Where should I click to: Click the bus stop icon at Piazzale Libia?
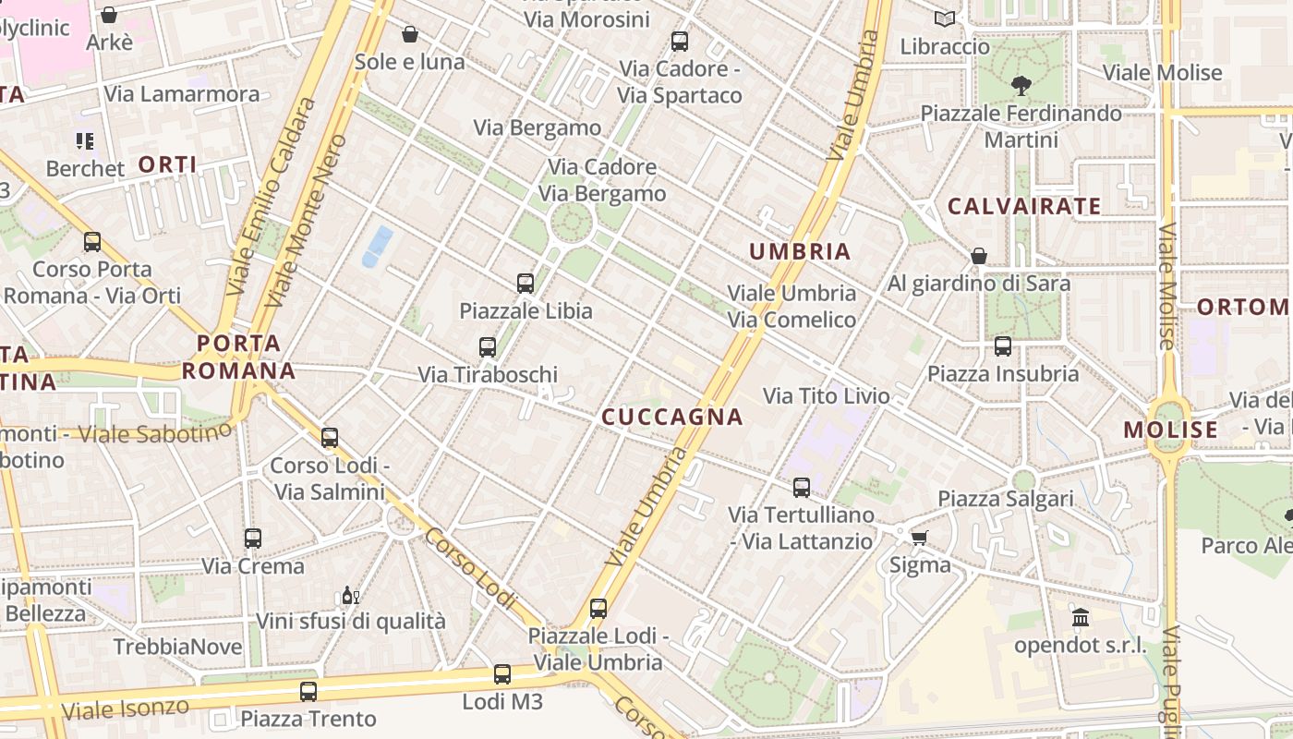(x=526, y=284)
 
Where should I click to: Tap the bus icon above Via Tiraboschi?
(x=488, y=347)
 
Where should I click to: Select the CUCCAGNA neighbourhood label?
(x=672, y=418)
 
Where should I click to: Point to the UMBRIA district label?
(x=800, y=251)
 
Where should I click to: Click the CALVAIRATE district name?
(x=1024, y=206)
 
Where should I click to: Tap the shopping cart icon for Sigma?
(x=919, y=538)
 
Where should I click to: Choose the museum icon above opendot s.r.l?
(x=1080, y=617)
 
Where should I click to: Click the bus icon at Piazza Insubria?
(x=1003, y=346)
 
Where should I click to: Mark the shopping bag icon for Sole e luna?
(x=410, y=34)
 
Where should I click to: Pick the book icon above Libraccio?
(x=945, y=18)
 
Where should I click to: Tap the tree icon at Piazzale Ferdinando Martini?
(x=1021, y=86)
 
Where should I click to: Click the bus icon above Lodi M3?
(x=502, y=674)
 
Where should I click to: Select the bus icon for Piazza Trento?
(x=308, y=691)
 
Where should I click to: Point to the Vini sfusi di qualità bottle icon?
(x=350, y=595)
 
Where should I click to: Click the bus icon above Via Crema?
(x=252, y=538)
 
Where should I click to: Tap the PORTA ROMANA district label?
(x=238, y=357)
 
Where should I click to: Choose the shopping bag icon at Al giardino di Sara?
(x=979, y=256)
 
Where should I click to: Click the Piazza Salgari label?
(x=1006, y=499)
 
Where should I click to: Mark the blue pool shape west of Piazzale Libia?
(x=378, y=246)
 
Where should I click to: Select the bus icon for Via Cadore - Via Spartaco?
(x=680, y=42)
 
